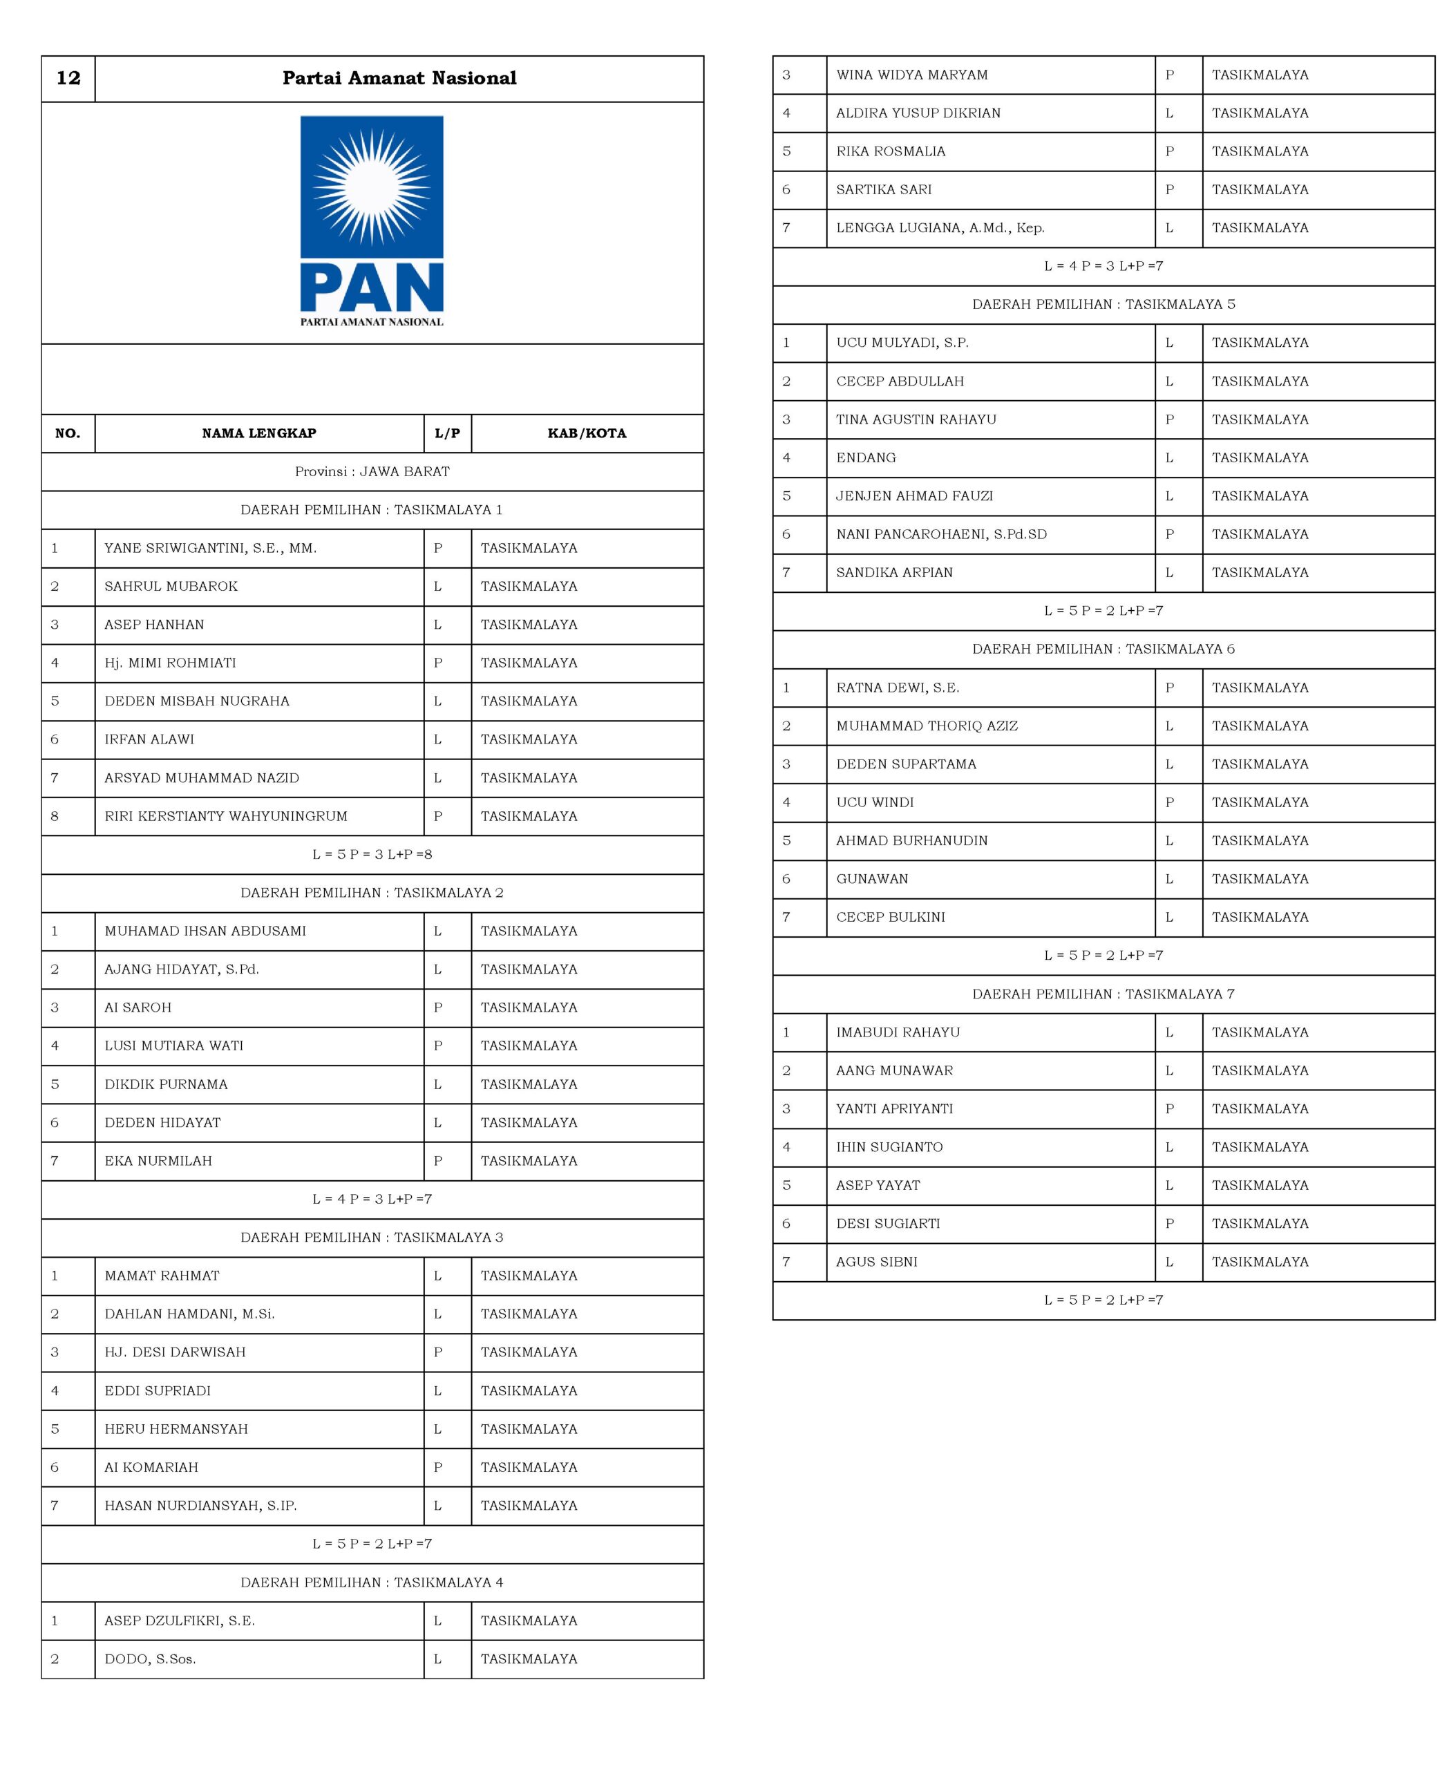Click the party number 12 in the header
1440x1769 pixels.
coord(68,78)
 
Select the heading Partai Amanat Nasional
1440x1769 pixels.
coord(399,78)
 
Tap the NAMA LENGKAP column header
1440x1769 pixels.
coord(259,433)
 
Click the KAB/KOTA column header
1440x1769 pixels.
coord(587,433)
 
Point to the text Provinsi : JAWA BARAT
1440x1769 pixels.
coord(372,471)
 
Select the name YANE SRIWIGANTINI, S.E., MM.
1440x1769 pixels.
coord(211,548)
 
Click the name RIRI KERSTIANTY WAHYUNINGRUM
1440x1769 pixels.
coord(226,816)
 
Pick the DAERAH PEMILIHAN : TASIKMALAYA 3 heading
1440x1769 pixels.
coord(372,1238)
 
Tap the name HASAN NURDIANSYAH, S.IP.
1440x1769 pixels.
coord(201,1505)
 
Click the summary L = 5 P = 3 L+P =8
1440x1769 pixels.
coord(372,854)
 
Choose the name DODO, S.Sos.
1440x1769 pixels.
coord(150,1658)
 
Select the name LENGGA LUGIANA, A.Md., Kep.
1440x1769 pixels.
coord(940,228)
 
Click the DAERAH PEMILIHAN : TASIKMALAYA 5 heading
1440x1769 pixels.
coord(1103,304)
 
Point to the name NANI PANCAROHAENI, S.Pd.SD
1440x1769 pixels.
coord(942,534)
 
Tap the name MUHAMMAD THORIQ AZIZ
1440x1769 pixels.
coord(927,726)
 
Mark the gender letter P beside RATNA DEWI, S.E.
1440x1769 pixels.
coord(1170,688)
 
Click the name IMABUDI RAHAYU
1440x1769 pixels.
coord(898,1032)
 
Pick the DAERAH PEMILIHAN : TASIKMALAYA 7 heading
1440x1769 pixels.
coord(1103,994)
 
